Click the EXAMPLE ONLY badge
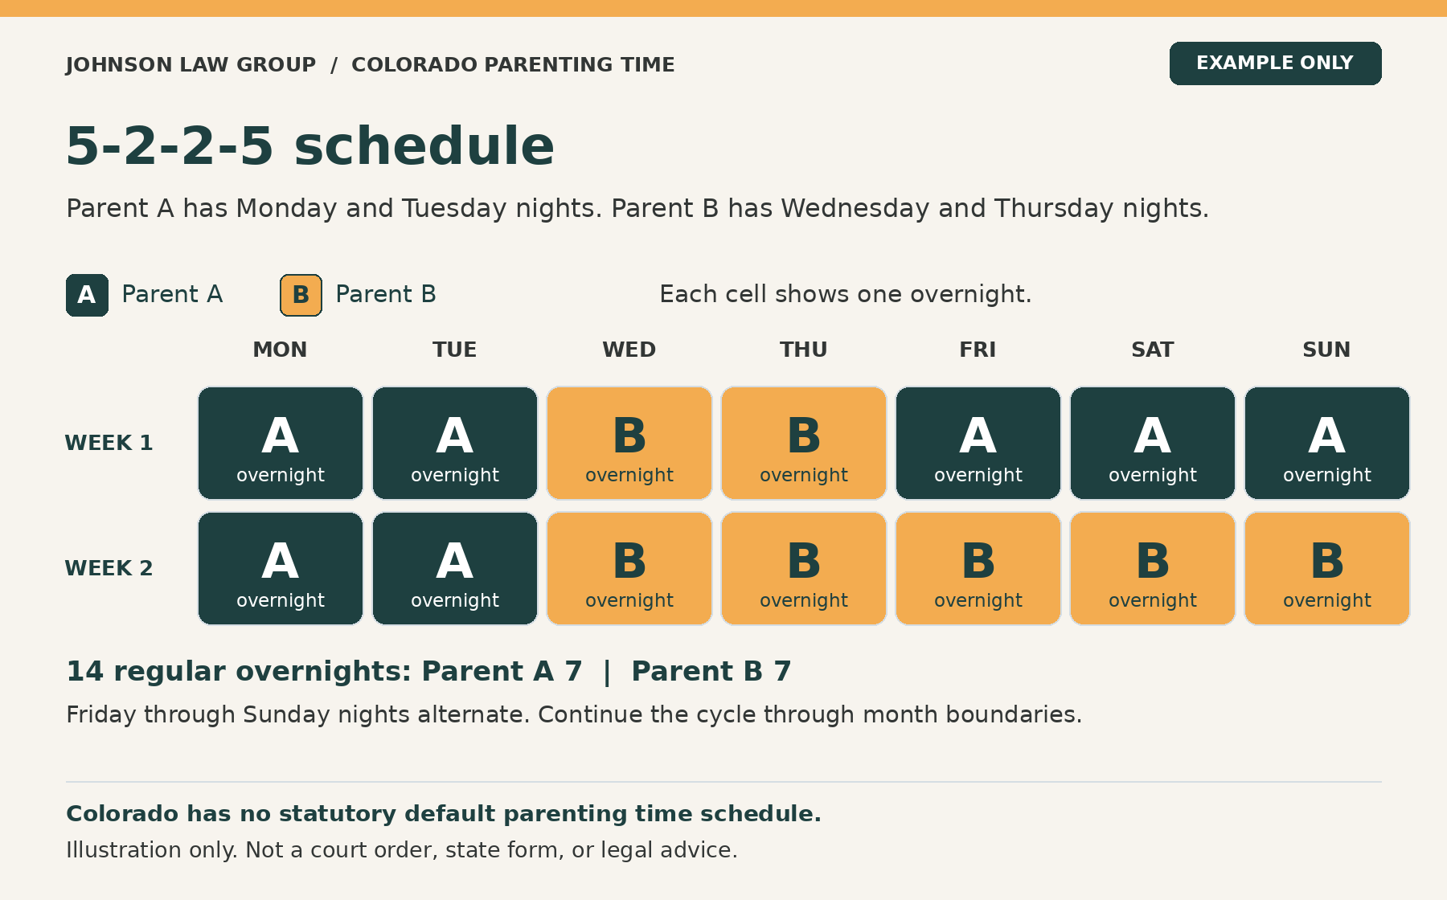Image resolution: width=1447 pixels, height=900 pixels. [x=1275, y=63]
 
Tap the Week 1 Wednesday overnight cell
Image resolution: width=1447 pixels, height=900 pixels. [x=629, y=443]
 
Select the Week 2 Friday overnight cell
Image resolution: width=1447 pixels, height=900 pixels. [x=978, y=568]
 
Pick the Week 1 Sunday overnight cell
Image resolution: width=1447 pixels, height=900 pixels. [x=1327, y=443]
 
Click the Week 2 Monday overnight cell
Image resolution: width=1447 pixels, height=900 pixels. [x=281, y=568]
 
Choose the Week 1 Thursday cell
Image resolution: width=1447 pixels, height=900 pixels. [x=804, y=443]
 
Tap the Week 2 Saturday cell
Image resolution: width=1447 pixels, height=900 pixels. [x=1153, y=568]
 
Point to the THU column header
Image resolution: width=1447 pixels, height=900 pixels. [x=804, y=350]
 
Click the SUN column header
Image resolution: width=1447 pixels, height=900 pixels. [x=1326, y=350]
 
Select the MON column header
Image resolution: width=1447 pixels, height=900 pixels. [x=280, y=350]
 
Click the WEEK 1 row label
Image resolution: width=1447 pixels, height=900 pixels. [x=109, y=443]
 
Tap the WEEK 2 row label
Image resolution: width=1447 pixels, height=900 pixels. [x=109, y=568]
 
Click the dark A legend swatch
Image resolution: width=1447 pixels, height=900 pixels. [x=87, y=295]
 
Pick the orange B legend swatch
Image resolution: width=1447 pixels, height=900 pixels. [x=301, y=295]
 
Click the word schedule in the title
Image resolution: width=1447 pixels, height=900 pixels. [x=424, y=146]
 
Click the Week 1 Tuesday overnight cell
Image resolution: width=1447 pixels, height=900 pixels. [x=455, y=443]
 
